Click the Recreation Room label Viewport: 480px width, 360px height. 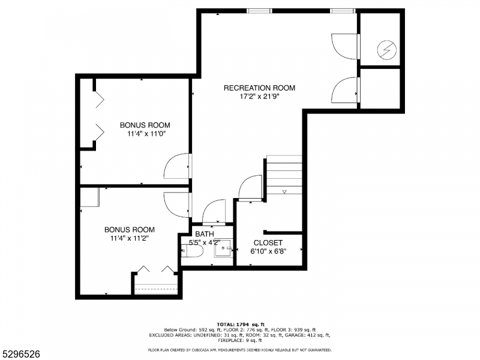(259, 88)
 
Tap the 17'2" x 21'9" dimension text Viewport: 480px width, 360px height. (259, 97)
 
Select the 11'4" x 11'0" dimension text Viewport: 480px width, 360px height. (145, 134)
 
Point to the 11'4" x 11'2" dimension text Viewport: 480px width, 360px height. (129, 238)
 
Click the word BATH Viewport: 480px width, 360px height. (204, 234)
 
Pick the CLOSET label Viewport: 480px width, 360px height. (268, 243)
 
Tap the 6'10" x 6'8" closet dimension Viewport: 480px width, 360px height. (268, 251)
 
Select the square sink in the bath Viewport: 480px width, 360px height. (224, 248)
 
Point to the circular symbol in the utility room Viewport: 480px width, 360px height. (386, 49)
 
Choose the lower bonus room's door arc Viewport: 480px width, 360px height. (177, 204)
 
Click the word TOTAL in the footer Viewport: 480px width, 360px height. (228, 325)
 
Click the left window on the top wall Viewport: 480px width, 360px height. (259, 10)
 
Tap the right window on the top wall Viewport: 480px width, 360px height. (343, 10)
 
